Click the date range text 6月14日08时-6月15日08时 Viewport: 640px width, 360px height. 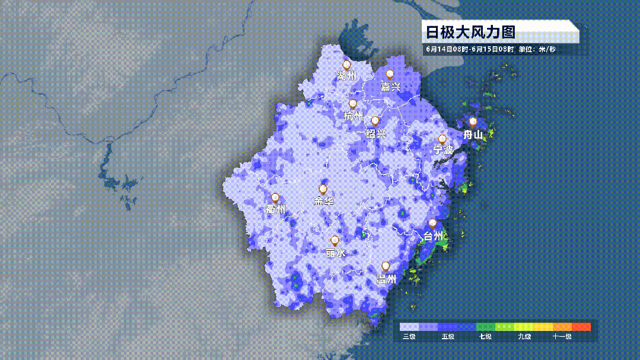[x=470, y=49]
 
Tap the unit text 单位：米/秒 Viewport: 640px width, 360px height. [x=537, y=49]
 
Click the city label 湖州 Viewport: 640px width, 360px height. [x=346, y=76]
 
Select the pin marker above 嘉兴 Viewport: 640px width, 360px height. [x=390, y=74]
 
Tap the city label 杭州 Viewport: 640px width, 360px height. [x=353, y=116]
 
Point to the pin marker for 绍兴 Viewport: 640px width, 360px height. [x=375, y=121]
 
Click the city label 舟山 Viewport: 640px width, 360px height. [x=473, y=135]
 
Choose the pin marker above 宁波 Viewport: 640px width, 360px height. [x=442, y=139]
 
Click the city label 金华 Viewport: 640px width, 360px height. [x=323, y=201]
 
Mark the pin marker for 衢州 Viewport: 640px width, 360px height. [x=275, y=197]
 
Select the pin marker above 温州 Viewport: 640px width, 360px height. [x=386, y=266]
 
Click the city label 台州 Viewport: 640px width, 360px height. [x=432, y=236]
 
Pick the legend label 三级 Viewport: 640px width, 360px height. [x=409, y=337]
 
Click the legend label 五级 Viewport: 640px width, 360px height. [x=448, y=337]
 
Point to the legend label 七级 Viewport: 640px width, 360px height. [x=485, y=337]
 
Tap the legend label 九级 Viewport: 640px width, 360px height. [x=524, y=337]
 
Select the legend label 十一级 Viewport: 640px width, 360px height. [x=562, y=337]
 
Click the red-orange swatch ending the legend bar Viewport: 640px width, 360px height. [x=581, y=327]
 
